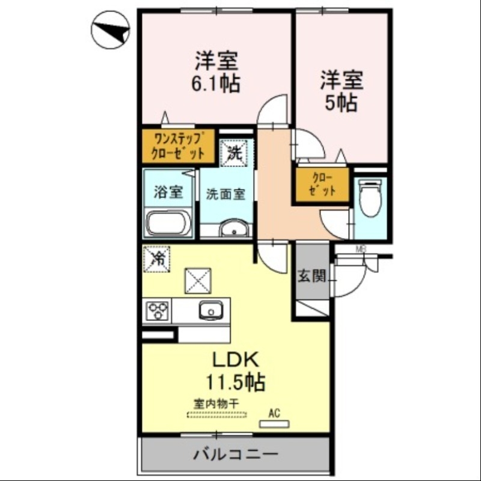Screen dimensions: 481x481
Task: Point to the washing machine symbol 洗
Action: pyautogui.click(x=233, y=152)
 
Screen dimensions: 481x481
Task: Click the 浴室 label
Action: pyautogui.click(x=168, y=193)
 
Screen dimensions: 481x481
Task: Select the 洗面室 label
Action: pyautogui.click(x=226, y=194)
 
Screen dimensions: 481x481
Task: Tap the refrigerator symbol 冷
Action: pyautogui.click(x=157, y=259)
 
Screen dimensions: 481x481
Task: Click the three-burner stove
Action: pyautogui.click(x=158, y=311)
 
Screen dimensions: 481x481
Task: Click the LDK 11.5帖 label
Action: pyautogui.click(x=234, y=370)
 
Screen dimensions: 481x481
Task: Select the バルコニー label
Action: pyautogui.click(x=235, y=454)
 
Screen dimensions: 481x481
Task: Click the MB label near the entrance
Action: pyautogui.click(x=361, y=249)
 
